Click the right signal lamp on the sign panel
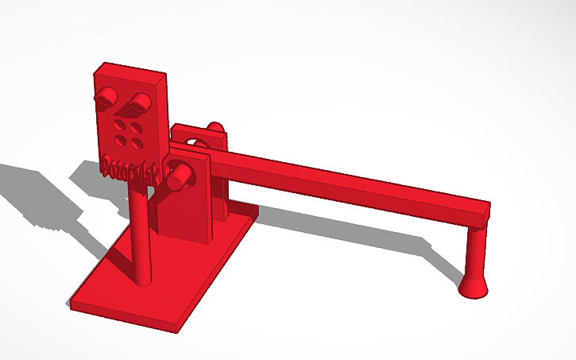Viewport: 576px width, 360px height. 141,101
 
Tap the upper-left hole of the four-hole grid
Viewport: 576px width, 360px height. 119,125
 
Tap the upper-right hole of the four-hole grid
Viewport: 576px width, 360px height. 137,128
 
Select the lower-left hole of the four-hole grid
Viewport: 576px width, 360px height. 119,140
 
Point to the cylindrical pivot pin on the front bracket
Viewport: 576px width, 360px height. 178,176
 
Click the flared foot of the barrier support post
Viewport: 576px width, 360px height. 474,285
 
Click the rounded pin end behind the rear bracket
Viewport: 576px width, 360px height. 215,128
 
